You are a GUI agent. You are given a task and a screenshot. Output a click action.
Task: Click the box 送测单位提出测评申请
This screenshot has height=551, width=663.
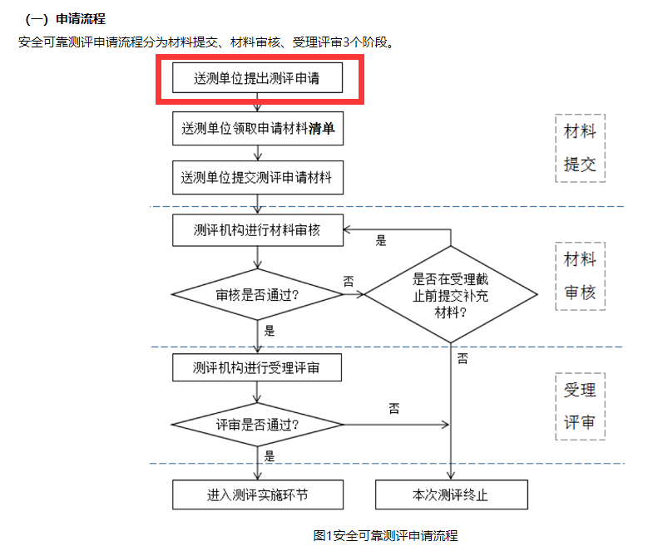click(x=257, y=78)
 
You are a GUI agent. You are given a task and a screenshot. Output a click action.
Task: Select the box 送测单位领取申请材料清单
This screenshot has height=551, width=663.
click(x=258, y=129)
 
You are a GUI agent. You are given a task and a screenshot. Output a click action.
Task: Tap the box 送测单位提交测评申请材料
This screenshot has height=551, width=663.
click(x=258, y=178)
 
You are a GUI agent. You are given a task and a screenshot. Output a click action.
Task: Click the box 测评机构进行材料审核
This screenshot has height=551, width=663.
click(x=258, y=230)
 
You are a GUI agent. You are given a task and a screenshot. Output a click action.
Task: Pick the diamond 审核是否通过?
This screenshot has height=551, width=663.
click(x=257, y=294)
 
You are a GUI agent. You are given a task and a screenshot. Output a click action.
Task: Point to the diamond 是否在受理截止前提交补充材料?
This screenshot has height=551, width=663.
click(x=451, y=294)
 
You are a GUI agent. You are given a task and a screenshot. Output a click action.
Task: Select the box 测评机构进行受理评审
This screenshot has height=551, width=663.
click(x=257, y=367)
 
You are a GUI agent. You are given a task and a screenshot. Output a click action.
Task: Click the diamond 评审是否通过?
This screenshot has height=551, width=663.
click(x=257, y=424)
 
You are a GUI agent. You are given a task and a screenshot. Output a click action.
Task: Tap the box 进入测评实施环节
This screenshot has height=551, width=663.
click(x=258, y=494)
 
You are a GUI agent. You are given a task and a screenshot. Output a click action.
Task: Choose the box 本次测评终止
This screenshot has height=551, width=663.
click(x=451, y=494)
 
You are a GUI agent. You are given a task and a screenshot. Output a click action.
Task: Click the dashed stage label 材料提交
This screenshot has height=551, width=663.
click(x=580, y=148)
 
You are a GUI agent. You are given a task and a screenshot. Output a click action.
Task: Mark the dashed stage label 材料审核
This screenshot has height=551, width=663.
click(x=580, y=277)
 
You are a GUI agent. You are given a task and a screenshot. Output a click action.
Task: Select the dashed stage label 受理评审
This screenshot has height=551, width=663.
click(x=580, y=406)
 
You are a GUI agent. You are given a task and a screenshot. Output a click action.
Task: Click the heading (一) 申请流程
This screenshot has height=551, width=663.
click(x=65, y=19)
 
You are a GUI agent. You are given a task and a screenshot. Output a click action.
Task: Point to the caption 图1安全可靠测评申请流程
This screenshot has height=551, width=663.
click(x=385, y=535)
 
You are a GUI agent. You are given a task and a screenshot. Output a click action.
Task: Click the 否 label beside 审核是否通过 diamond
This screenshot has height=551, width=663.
click(x=349, y=282)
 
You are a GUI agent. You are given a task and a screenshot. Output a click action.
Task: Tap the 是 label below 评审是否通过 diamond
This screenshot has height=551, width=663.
click(x=270, y=456)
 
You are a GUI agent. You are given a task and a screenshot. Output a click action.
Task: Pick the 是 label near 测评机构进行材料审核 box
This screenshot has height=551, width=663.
click(x=381, y=241)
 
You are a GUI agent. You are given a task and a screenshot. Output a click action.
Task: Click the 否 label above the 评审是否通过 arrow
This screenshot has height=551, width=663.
click(x=394, y=408)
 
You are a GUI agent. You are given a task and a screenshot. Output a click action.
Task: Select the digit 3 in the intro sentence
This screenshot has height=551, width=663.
click(x=346, y=42)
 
